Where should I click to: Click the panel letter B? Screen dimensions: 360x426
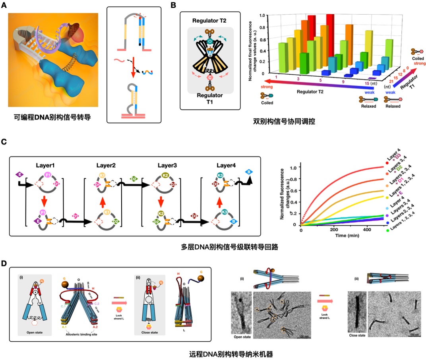coord(174,5)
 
